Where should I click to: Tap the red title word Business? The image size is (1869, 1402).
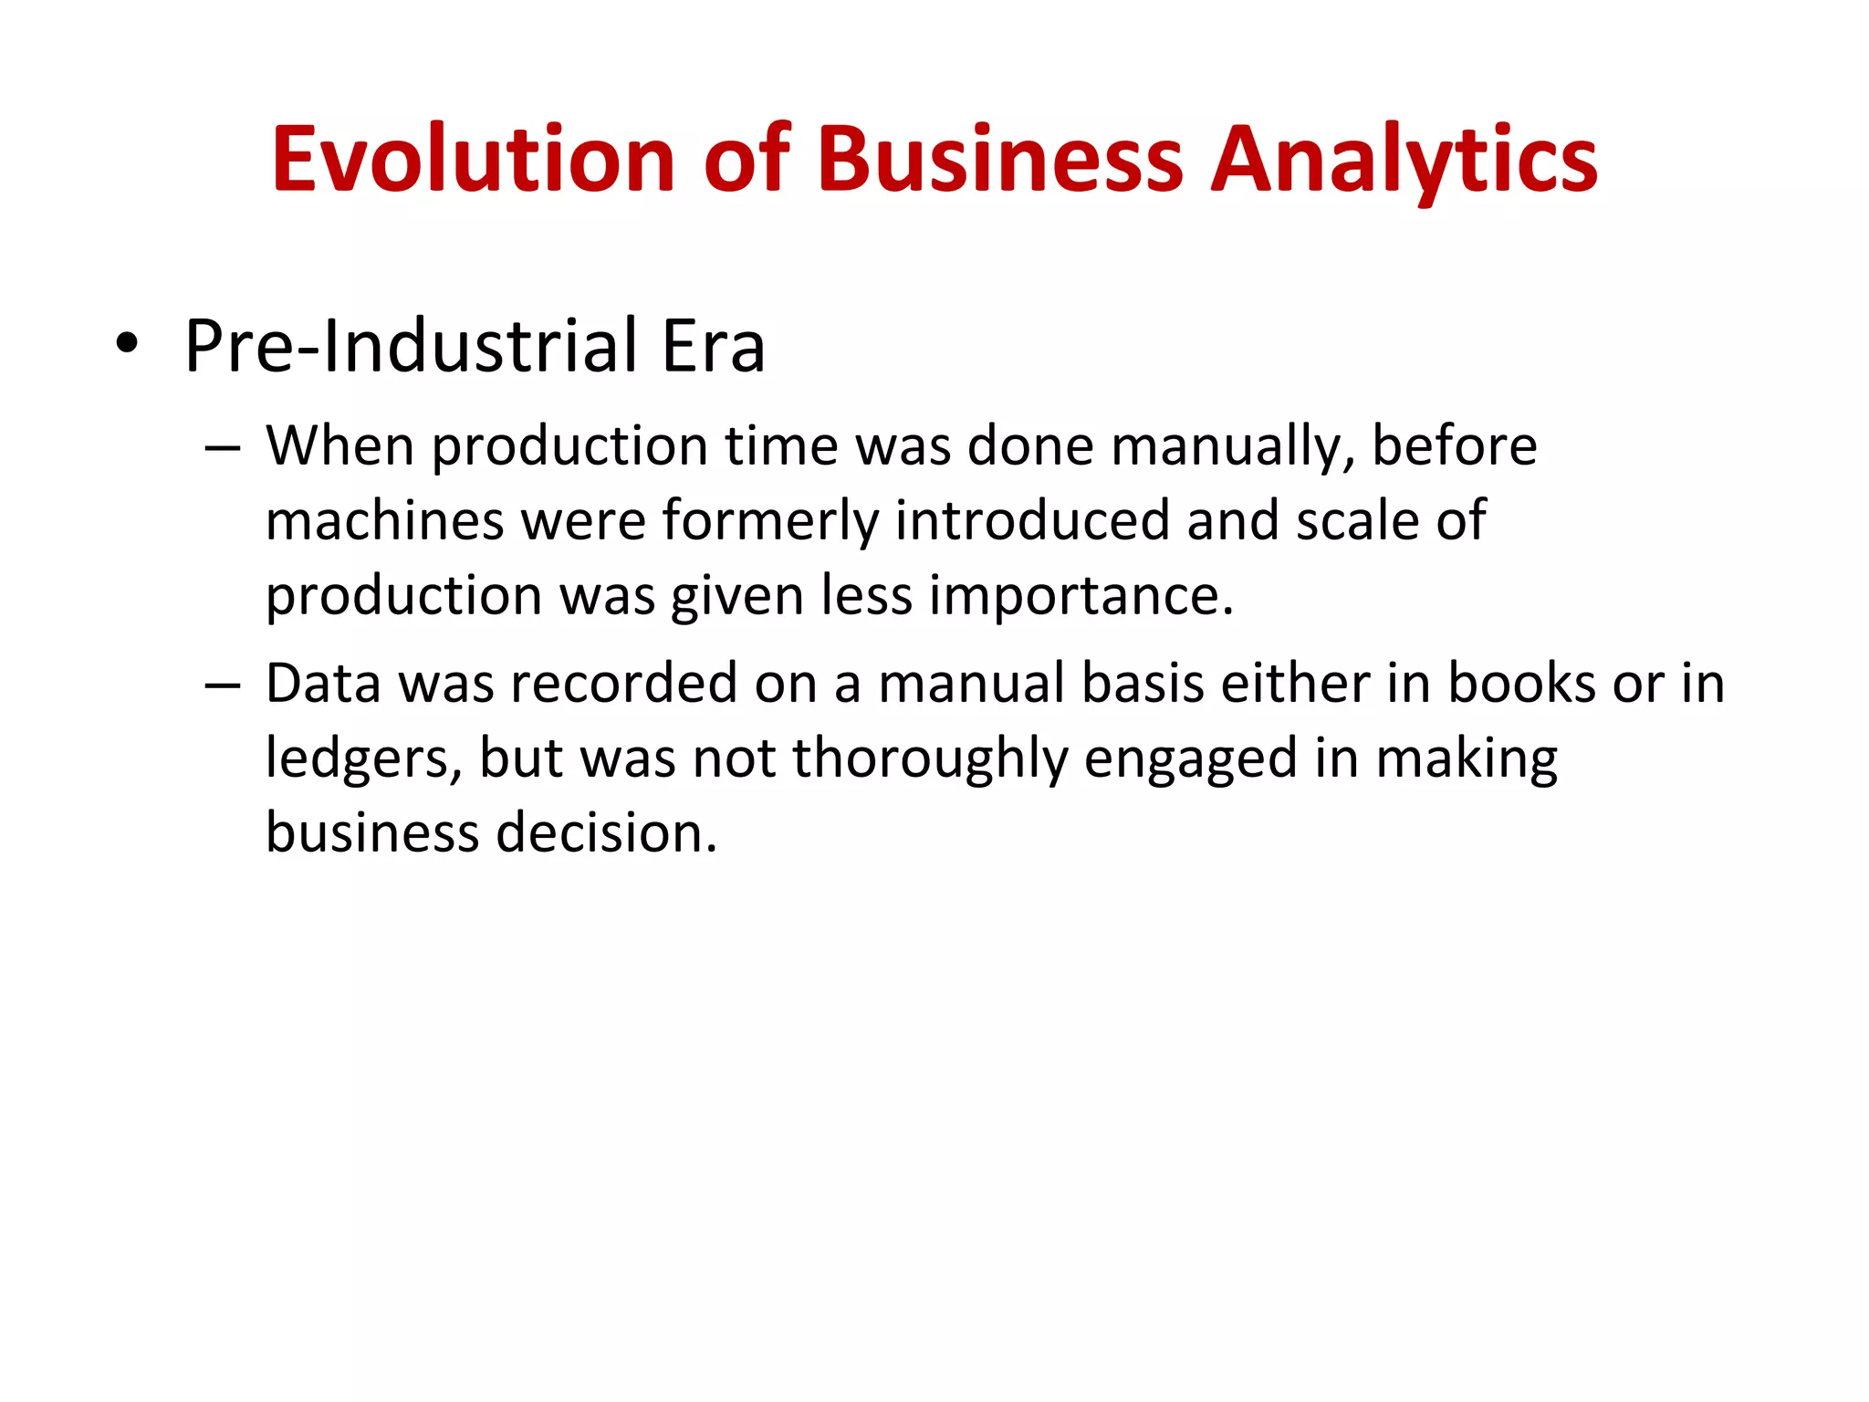tap(1000, 160)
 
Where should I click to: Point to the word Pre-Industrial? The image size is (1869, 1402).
tap(412, 346)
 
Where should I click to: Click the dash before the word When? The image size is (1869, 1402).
tap(223, 448)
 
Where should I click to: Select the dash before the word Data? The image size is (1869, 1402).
tap(223, 685)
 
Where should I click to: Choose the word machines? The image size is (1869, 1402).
tap(384, 520)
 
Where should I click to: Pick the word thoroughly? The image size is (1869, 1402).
tap(930, 760)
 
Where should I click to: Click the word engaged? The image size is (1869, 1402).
tap(1190, 760)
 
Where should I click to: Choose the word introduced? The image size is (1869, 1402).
tap(1032, 520)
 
